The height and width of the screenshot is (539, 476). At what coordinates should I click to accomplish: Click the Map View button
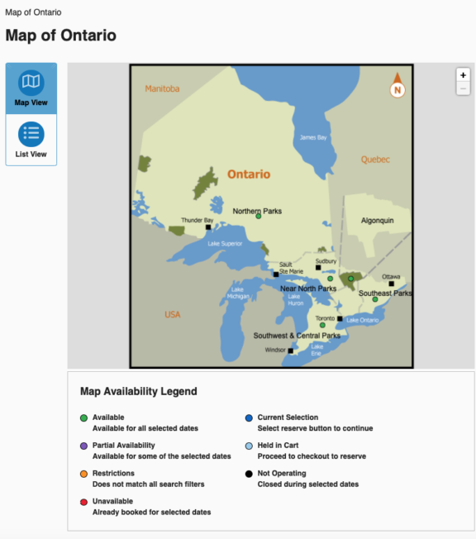pos(31,88)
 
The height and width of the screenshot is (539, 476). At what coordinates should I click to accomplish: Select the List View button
pos(31,139)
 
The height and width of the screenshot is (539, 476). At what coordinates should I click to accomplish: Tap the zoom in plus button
pos(463,74)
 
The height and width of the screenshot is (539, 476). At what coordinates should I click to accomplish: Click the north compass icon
pos(397,86)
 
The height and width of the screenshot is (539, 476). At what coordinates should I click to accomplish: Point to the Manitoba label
pos(162,88)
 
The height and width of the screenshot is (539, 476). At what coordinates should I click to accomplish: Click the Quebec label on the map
pos(376,160)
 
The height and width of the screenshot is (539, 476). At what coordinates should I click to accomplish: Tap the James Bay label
pos(313,137)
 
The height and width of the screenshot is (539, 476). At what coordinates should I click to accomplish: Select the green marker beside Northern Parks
pos(259,217)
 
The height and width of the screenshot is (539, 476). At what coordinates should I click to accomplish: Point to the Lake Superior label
pos(225,244)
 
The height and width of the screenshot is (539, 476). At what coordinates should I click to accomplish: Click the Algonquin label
pos(378,221)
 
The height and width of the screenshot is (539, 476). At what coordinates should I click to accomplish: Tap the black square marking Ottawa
pos(392,284)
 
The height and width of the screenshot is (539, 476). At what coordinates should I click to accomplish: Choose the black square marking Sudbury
pos(318,268)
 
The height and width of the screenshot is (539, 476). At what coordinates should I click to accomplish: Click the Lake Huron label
pos(296,301)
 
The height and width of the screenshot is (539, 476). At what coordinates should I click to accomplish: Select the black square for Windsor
pos(290,351)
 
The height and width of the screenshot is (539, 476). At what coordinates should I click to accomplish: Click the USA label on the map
pos(173,314)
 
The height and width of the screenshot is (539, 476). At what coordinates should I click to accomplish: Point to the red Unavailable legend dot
pos(83,502)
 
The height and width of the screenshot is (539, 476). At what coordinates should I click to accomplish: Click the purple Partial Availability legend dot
pos(83,446)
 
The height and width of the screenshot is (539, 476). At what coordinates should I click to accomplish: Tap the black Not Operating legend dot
pos(249,474)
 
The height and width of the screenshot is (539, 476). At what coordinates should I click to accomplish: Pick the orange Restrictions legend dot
pos(83,474)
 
